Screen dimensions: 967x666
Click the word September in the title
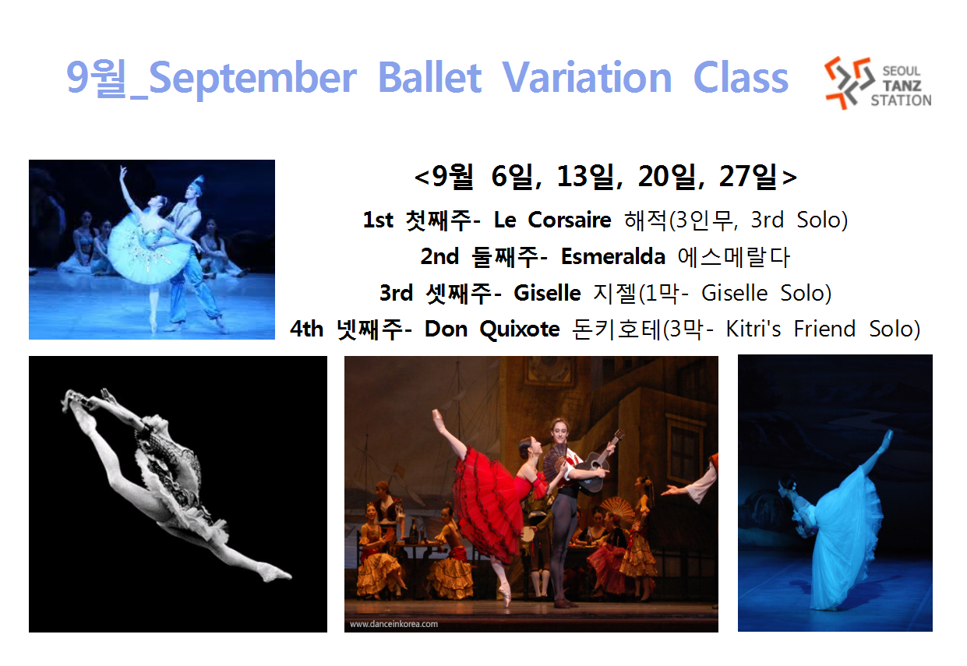pyautogui.click(x=252, y=79)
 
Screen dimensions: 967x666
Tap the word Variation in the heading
pyautogui.click(x=587, y=77)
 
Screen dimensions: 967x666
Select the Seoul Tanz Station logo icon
pyautogui.click(x=848, y=83)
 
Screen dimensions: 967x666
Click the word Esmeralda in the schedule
pyautogui.click(x=613, y=257)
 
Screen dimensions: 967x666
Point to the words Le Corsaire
pyautogui.click(x=552, y=220)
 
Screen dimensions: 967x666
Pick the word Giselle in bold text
pyautogui.click(x=547, y=293)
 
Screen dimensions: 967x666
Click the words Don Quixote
pyautogui.click(x=492, y=329)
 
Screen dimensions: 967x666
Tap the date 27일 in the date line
pyautogui.click(x=747, y=176)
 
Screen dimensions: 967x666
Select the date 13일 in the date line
pyautogui.click(x=585, y=176)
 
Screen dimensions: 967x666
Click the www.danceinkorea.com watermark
pyautogui.click(x=394, y=624)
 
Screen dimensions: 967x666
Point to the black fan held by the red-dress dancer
pyautogui.click(x=554, y=460)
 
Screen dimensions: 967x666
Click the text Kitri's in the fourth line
pyautogui.click(x=753, y=329)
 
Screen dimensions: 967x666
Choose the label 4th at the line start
pyautogui.click(x=306, y=329)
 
